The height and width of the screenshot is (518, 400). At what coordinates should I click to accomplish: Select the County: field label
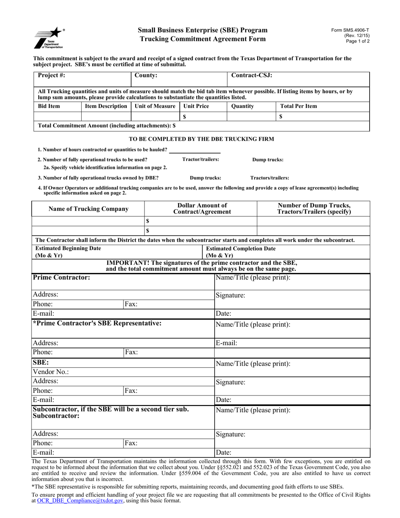[x=146, y=76]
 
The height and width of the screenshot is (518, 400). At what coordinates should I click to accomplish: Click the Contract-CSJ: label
[x=252, y=76]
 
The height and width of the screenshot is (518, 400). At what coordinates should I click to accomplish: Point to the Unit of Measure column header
[x=155, y=107]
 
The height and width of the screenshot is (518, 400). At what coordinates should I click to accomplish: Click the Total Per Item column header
[x=299, y=107]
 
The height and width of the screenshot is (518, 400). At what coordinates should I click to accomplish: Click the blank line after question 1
[x=195, y=150]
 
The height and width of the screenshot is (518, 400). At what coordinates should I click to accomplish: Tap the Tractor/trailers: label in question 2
[x=200, y=159]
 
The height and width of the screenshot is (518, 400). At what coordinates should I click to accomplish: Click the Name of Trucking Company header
[x=89, y=208]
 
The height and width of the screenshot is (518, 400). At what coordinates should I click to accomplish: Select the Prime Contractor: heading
[x=61, y=278]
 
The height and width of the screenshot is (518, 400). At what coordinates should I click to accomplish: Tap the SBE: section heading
[x=41, y=362]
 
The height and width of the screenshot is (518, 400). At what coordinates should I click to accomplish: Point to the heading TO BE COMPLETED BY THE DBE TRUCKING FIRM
[x=201, y=139]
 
